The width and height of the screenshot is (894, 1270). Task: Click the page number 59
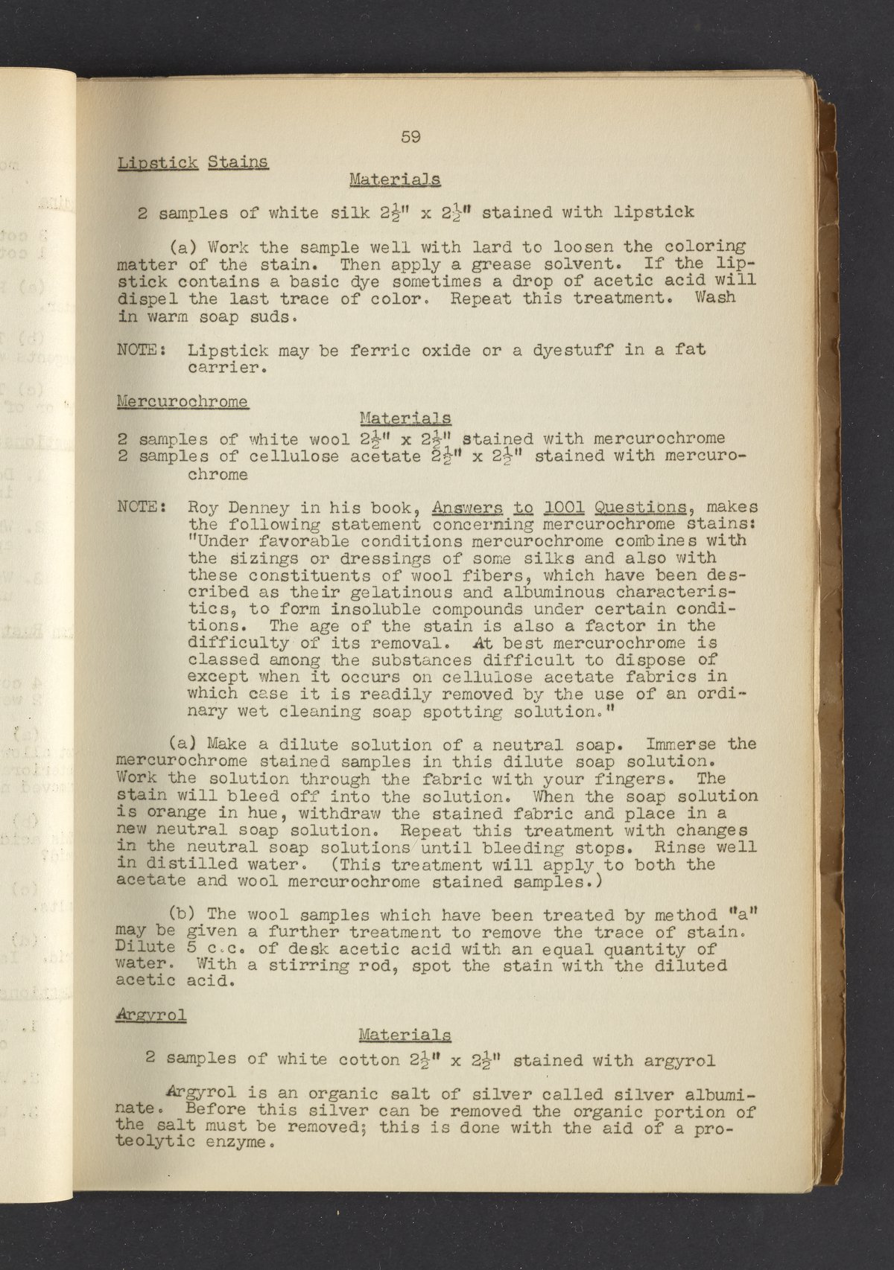point(411,137)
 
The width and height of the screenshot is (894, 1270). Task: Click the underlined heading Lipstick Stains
point(192,162)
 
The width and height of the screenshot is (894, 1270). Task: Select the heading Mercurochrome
point(183,401)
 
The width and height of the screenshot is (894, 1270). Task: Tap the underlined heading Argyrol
point(151,1015)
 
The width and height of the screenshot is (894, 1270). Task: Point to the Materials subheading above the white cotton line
point(404,1035)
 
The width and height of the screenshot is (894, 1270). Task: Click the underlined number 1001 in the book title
point(563,508)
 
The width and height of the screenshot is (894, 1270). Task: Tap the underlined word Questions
point(640,508)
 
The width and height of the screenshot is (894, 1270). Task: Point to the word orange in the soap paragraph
point(168,814)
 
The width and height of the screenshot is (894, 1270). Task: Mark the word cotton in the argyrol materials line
point(369,1060)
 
